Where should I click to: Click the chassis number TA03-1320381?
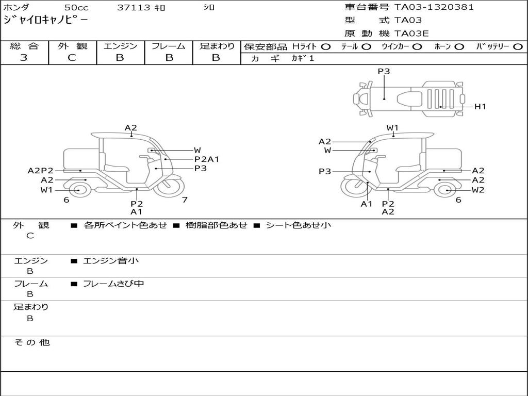[x=434, y=7]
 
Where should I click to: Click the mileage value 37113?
[x=134, y=8]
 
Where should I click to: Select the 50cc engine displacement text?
[x=76, y=8]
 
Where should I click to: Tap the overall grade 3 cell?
[x=24, y=58]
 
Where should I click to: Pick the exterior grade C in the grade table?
[x=72, y=58]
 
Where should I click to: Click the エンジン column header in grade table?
[x=120, y=46]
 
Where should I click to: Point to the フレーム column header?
[x=168, y=46]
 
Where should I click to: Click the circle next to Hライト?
[x=326, y=47]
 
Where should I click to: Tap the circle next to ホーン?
[x=459, y=47]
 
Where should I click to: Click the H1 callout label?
[x=480, y=107]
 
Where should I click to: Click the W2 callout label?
[x=478, y=190]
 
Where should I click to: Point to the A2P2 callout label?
[x=41, y=171]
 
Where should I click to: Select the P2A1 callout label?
[x=207, y=159]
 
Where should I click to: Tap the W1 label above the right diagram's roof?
[x=393, y=128]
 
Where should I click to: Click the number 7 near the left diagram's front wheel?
[x=185, y=200]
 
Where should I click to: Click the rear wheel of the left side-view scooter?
[x=79, y=190]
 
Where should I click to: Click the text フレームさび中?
[x=113, y=284]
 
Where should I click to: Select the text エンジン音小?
[x=111, y=261]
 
